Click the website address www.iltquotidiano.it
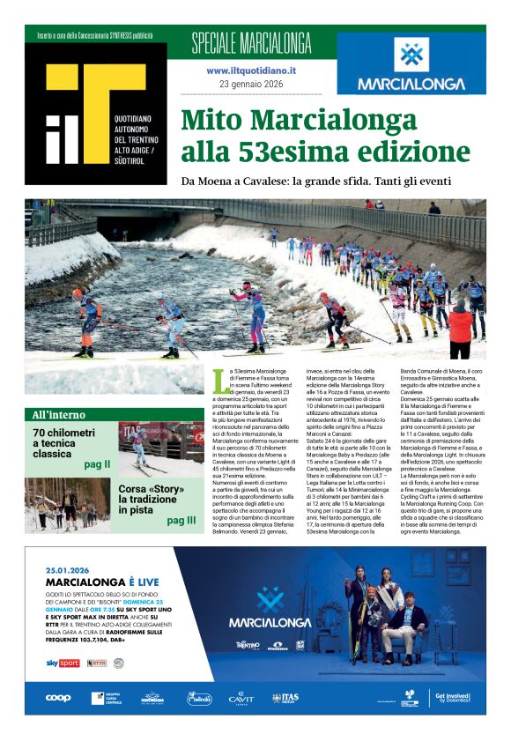pos(251,70)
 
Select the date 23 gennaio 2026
pos(251,84)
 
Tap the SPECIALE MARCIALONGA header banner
pos(251,41)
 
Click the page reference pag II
pos(97,463)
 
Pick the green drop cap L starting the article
pos(219,382)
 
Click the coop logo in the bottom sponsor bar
pos(59,697)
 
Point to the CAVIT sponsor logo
pos(241,697)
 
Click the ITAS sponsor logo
pos(285,697)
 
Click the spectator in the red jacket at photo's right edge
pos(460,328)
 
